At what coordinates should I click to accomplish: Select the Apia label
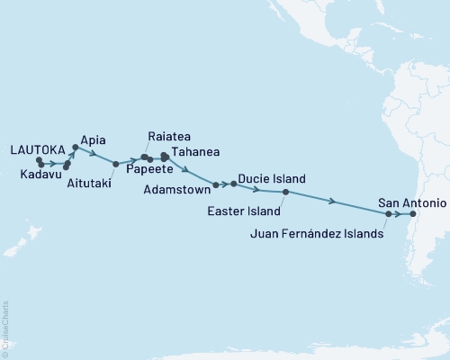pos(94,139)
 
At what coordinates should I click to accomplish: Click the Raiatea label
pos(167,137)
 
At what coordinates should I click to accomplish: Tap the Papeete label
pos(149,168)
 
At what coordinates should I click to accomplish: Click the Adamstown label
pos(176,190)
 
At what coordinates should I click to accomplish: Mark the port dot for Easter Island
pos(285,192)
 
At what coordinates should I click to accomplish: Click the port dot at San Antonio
pos(413,214)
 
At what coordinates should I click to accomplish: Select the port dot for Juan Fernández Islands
pos(388,214)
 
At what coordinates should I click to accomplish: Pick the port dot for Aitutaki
pos(116,164)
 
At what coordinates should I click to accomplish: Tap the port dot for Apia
pos(75,146)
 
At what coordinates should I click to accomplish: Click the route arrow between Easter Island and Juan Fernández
pos(335,202)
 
